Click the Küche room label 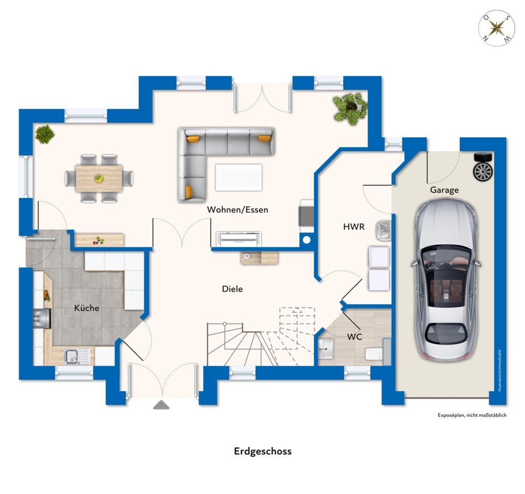[87, 308]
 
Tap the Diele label [233, 288]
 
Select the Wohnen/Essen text [237, 210]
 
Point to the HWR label [353, 227]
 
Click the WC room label [354, 337]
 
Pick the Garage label [444, 190]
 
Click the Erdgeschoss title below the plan [263, 452]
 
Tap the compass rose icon [497, 28]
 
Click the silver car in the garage [446, 280]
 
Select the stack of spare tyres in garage [483, 167]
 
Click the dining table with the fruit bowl [99, 178]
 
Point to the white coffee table [238, 177]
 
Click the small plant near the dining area [45, 134]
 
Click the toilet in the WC [373, 354]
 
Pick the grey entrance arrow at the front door [161, 405]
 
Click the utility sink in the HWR [383, 230]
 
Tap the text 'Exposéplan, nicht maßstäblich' [472, 415]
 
